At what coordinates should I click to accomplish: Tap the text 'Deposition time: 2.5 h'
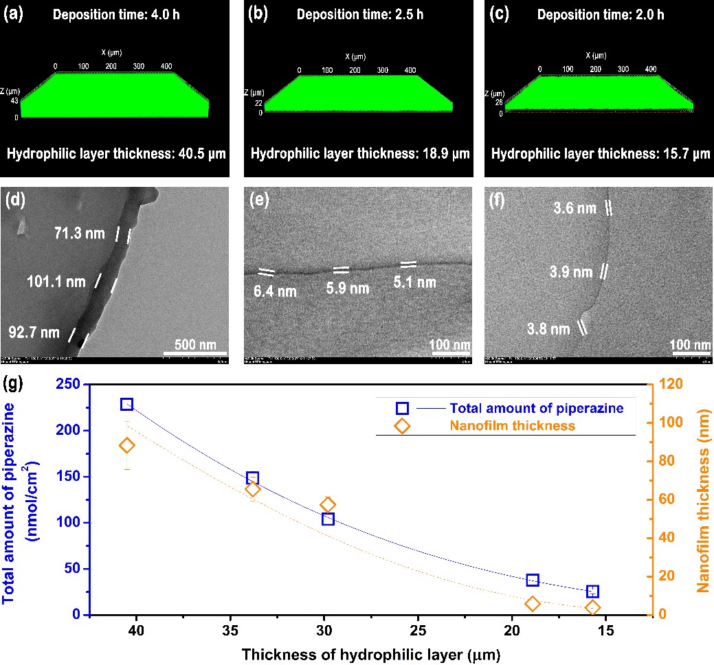coord(358,14)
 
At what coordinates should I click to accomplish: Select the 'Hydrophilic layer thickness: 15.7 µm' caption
coord(597,154)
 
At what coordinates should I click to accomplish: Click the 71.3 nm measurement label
coord(79,234)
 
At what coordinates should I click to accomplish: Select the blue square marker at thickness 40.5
coord(126,404)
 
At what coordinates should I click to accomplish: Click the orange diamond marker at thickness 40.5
coord(126,446)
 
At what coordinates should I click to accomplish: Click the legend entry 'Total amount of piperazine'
coord(537,408)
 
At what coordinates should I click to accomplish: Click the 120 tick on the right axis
coord(669,384)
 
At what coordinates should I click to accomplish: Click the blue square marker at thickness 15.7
coord(592,591)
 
